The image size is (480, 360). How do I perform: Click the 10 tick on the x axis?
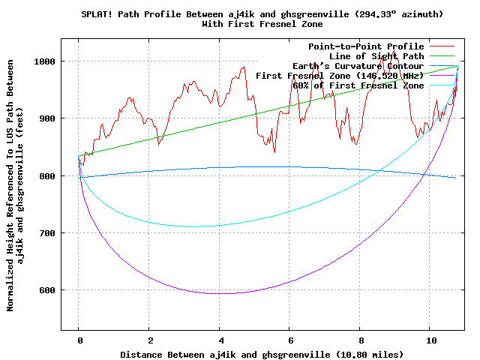point(430,340)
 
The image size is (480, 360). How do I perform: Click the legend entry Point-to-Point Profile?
point(366,46)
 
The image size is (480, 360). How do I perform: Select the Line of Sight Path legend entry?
point(376,56)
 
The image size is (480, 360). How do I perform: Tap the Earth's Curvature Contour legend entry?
point(358,66)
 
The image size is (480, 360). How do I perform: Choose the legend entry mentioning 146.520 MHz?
point(340,76)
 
